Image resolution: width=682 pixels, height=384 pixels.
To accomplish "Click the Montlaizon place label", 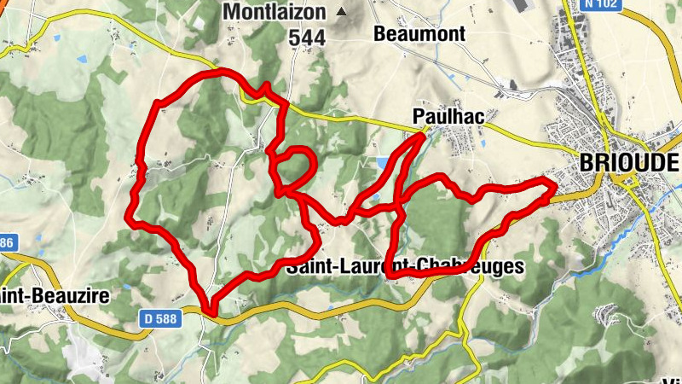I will [276, 12].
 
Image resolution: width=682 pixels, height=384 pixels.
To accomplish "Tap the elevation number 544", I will [307, 38].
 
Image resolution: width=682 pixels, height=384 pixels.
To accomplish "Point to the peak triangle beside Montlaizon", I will [343, 12].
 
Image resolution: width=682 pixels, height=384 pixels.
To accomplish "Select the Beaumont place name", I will [419, 33].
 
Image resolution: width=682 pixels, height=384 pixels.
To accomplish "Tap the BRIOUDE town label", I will [629, 161].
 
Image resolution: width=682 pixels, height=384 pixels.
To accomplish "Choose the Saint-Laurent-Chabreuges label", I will [404, 267].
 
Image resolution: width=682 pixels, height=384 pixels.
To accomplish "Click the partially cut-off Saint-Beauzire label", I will [31, 295].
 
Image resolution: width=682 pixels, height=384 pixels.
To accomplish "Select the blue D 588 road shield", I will [159, 317].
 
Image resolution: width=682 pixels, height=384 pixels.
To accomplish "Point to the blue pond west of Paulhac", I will [381, 163].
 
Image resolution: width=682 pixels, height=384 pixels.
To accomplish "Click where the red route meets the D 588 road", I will [209, 310].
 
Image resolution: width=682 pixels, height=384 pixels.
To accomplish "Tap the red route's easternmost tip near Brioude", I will [554, 184].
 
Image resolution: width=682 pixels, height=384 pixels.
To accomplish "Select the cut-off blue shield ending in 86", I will [7, 243].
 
